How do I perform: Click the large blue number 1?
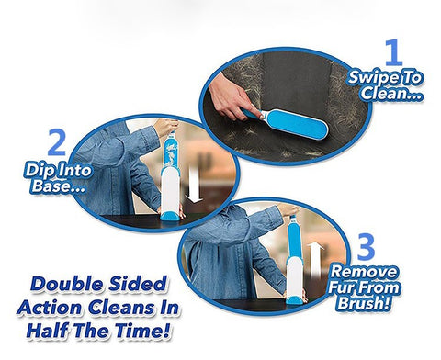pos(393,52)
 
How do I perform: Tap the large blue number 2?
pos(57,142)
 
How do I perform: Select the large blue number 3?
pos(366,247)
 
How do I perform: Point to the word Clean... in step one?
pos(391,93)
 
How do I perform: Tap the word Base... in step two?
pos(58,186)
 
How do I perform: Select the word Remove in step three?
pos(364,272)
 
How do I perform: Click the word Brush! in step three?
pos(364,303)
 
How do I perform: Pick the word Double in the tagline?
pos(66,284)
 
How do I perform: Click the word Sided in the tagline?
pos(138,284)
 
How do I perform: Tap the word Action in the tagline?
pos(51,307)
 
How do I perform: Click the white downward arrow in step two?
pos(194,185)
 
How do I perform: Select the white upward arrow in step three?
pos(315,260)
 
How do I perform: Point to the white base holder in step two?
pos(170,190)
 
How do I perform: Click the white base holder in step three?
pos(294,276)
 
